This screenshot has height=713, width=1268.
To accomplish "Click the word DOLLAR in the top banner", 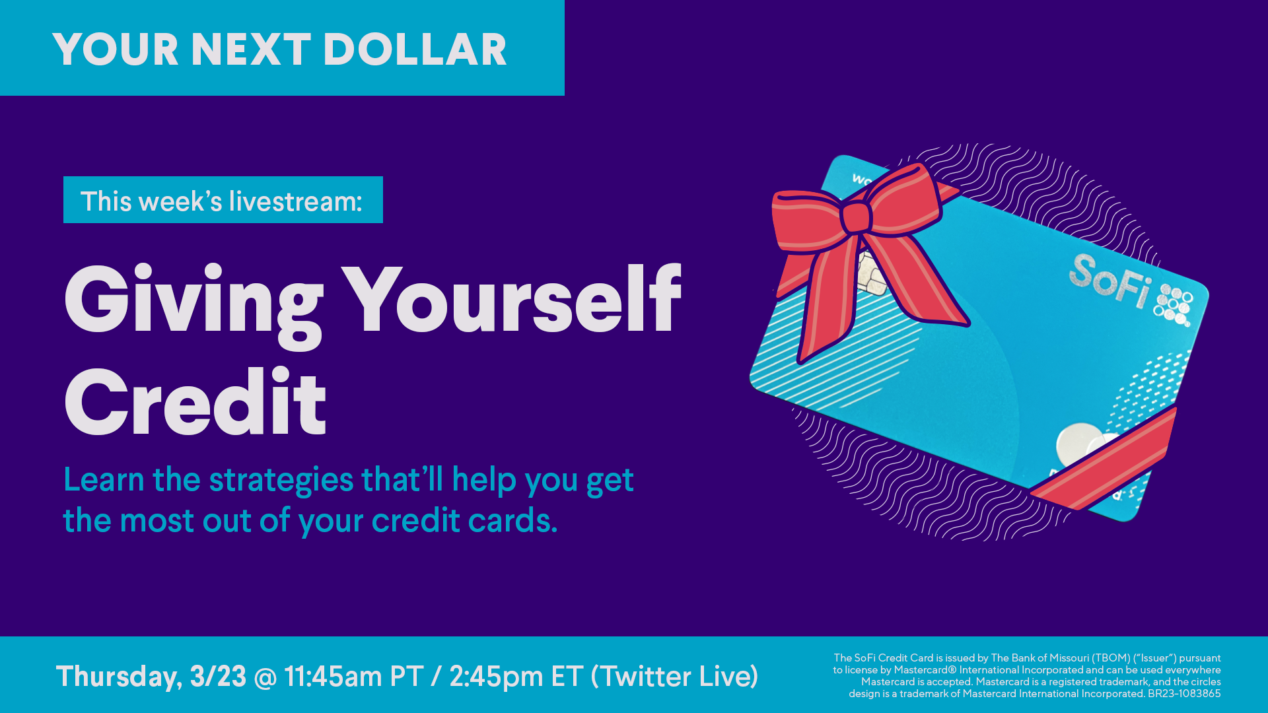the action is point(415,50).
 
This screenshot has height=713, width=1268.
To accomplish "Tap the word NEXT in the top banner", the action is point(251,50).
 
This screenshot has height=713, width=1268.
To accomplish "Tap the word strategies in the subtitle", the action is point(281,480).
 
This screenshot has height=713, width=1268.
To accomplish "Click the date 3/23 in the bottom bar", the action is point(218,676).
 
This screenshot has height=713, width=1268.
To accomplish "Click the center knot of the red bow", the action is point(857,217).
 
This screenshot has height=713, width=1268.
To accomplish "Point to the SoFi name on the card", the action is point(1110,281).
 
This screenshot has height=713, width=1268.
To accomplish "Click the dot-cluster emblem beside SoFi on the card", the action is point(1174,306).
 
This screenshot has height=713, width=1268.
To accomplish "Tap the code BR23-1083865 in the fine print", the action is point(1184,694).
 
